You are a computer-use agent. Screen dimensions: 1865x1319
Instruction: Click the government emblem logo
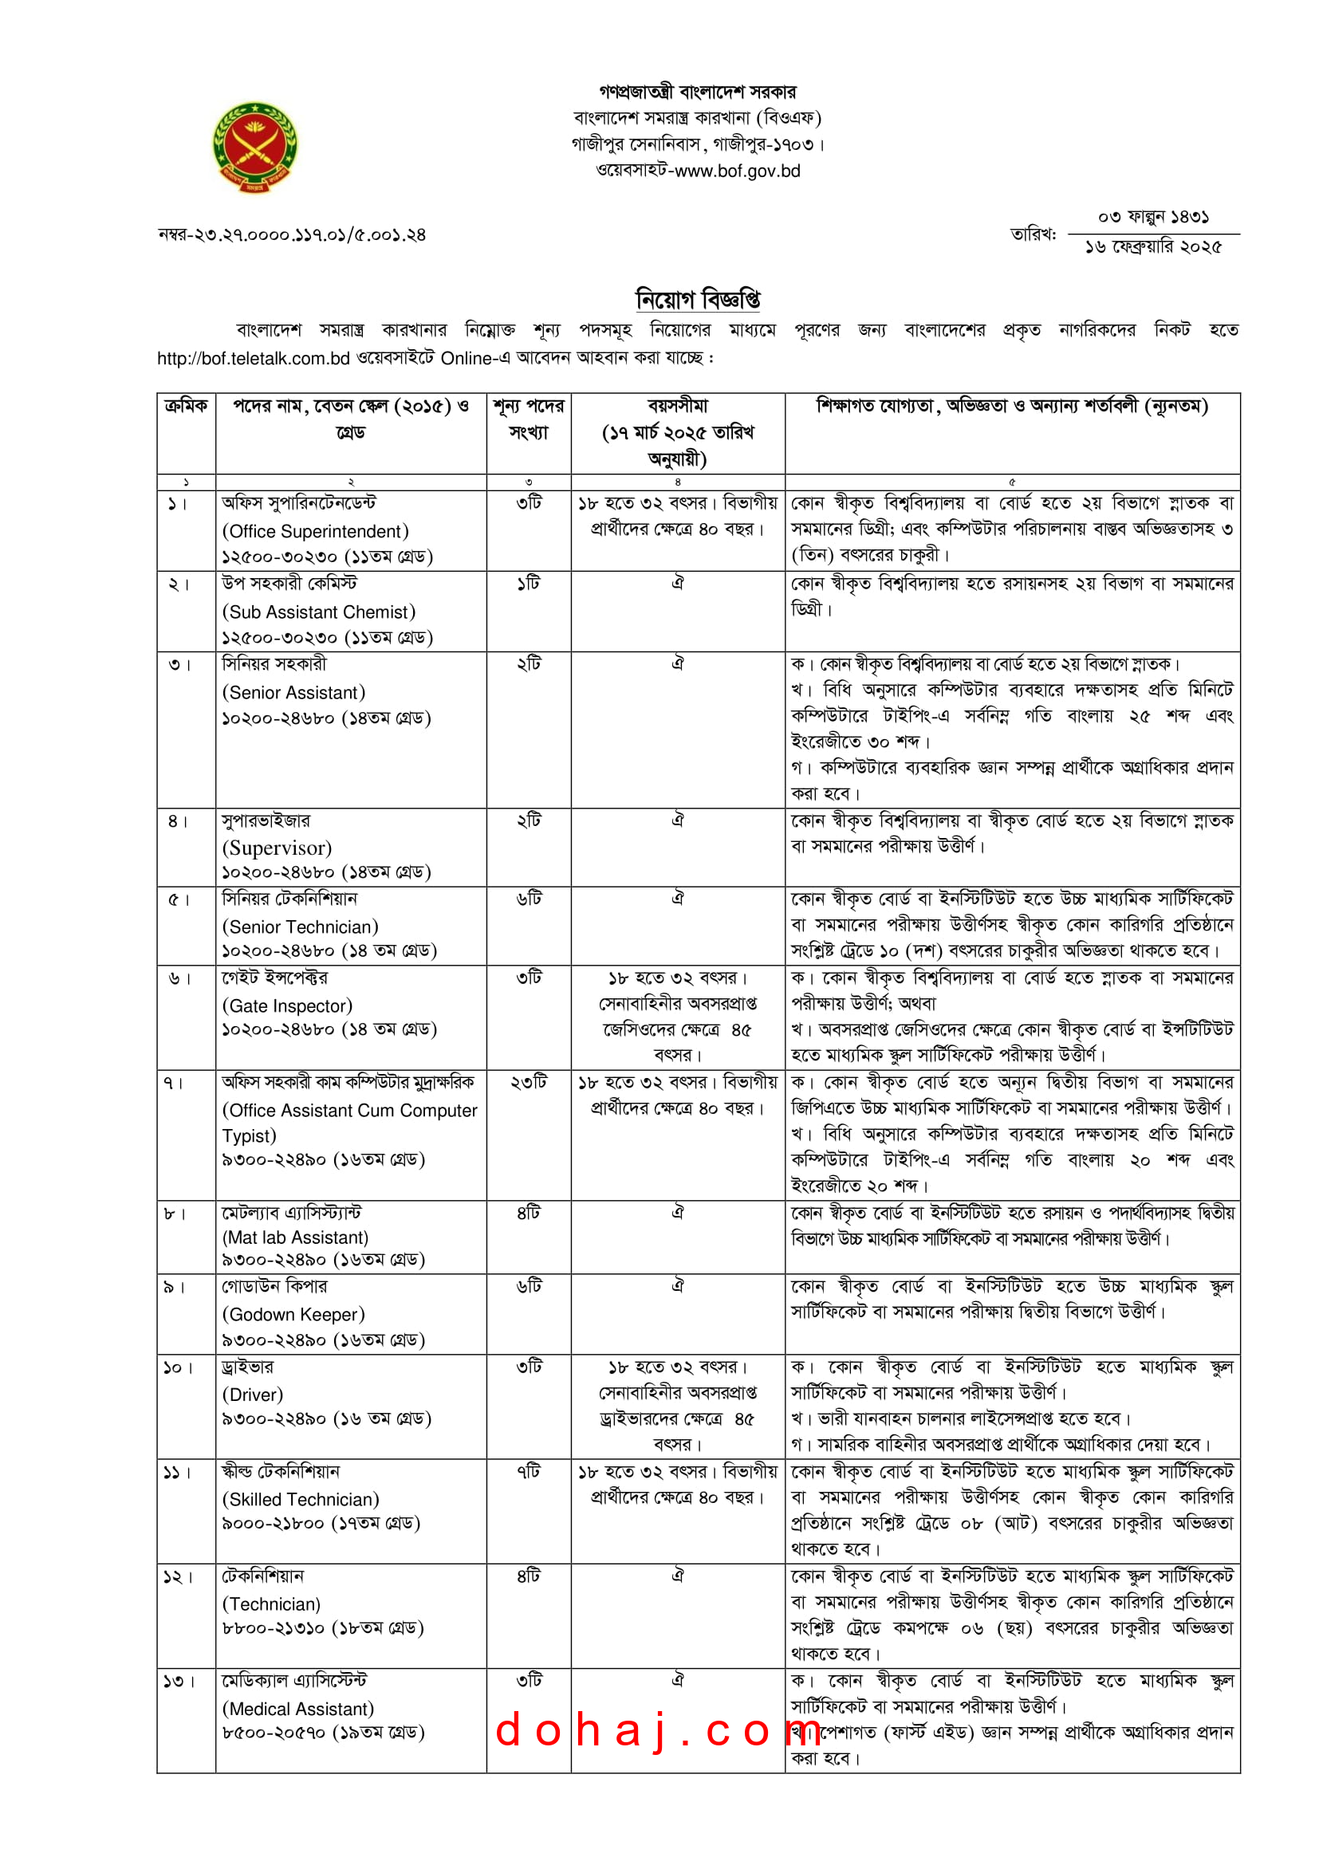click(255, 147)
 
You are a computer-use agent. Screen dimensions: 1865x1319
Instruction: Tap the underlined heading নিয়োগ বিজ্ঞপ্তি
click(698, 299)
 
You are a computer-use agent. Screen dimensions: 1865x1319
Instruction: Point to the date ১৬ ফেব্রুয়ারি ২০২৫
click(1152, 247)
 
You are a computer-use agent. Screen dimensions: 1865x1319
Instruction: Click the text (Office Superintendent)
click(315, 531)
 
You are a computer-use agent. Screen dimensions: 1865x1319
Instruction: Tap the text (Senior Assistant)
click(293, 692)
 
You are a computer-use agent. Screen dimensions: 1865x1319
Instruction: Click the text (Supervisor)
click(277, 848)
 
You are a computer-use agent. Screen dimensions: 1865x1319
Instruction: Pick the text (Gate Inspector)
click(288, 1005)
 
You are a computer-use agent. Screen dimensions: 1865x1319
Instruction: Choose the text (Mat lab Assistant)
click(295, 1237)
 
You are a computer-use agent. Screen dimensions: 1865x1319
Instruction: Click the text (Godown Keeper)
click(293, 1314)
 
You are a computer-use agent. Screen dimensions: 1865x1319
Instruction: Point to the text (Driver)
click(253, 1395)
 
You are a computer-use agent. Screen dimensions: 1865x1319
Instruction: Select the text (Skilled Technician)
click(301, 1500)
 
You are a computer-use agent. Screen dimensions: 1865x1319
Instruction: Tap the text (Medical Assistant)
click(298, 1709)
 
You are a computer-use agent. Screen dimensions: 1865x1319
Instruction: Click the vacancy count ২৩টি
click(528, 1083)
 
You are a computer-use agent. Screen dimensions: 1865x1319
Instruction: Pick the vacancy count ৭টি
click(528, 1472)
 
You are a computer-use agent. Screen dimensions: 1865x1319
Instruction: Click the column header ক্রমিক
click(186, 406)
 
